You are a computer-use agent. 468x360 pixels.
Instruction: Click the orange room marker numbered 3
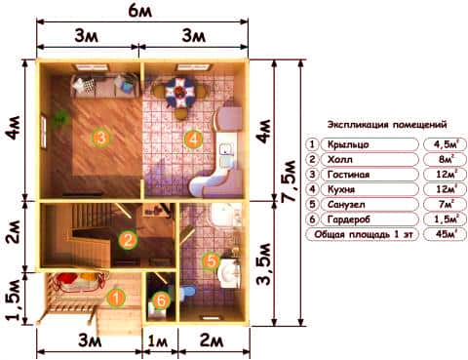pyautogui.click(x=101, y=138)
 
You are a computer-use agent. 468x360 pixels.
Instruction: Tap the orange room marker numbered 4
pyautogui.click(x=193, y=140)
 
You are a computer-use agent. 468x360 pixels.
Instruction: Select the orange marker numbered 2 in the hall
pyautogui.click(x=128, y=240)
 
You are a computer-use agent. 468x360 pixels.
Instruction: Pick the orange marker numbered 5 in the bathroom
pyautogui.click(x=212, y=260)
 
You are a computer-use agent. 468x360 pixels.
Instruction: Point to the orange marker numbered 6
pyautogui.click(x=161, y=300)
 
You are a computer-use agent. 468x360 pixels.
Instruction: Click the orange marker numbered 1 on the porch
pyautogui.click(x=116, y=298)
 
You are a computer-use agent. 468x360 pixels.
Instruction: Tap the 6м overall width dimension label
pyautogui.click(x=140, y=12)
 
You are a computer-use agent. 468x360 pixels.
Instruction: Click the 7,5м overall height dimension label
pyautogui.click(x=290, y=181)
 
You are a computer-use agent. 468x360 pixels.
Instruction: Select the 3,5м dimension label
pyautogui.click(x=264, y=263)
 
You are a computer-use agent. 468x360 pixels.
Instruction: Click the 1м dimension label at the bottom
pyautogui.click(x=158, y=341)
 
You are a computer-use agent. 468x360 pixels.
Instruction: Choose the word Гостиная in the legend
pyautogui.click(x=348, y=175)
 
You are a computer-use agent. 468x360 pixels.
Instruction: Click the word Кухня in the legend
pyautogui.click(x=341, y=189)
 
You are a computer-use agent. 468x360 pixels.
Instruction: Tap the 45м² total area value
pyautogui.click(x=446, y=234)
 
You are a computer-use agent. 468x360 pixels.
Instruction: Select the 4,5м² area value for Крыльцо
pyautogui.click(x=446, y=144)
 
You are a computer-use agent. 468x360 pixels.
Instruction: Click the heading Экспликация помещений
pyautogui.click(x=387, y=125)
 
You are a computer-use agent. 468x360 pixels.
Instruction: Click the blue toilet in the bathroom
pyautogui.click(x=188, y=291)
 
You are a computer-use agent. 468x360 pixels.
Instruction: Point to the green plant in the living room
pyautogui.click(x=61, y=117)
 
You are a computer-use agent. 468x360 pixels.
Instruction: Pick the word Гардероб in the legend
pyautogui.click(x=348, y=220)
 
